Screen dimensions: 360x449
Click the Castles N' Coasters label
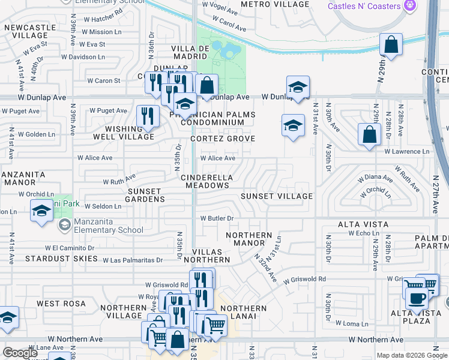364,6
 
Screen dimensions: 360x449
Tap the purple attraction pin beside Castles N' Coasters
410,5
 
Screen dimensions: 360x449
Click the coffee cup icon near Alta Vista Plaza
417,298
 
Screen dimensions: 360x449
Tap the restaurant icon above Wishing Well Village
147,116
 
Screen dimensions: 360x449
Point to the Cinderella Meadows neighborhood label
206,182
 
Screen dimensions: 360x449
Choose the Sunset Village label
277,196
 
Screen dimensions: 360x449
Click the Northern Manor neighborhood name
245,239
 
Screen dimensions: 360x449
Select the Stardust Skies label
61,259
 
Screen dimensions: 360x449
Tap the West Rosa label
56,304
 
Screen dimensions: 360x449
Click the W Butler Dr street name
216,218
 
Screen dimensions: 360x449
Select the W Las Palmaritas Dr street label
133,260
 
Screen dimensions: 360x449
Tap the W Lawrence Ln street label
407,152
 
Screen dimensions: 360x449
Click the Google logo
20,353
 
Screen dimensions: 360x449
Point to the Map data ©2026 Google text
411,355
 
